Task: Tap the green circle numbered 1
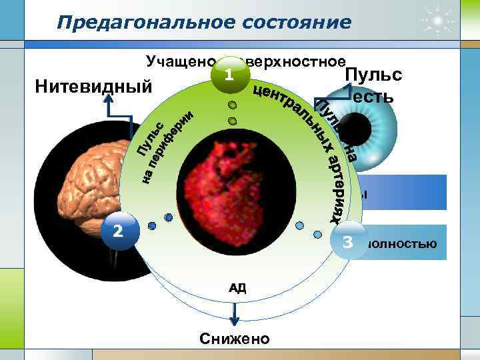[229, 75]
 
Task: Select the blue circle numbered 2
[118, 231]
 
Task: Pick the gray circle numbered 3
[347, 242]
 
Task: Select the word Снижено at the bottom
[235, 339]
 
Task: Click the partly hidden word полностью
[400, 243]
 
